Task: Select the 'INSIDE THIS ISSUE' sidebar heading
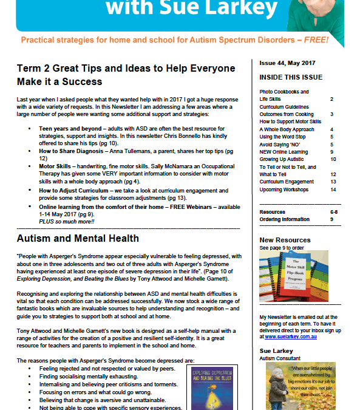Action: coord(288,78)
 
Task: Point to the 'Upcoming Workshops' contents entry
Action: coord(285,190)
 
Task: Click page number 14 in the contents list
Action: coord(333,190)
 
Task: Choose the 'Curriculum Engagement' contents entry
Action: coord(287,182)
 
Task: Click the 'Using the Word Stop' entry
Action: coord(283,137)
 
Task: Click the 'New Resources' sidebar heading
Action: coord(285,241)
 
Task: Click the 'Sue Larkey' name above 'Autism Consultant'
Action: coord(277,352)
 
